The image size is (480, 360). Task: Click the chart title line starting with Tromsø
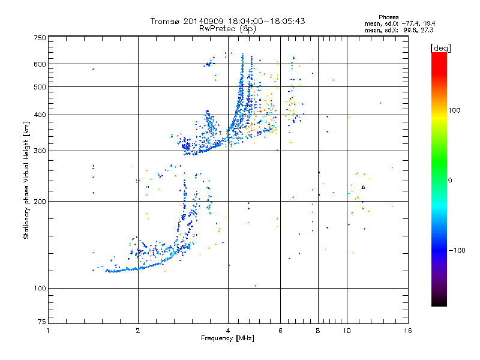pyautogui.click(x=228, y=21)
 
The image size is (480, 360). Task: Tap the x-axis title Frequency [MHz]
pyautogui.click(x=228, y=339)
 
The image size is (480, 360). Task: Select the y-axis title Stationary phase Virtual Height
pyautogui.click(x=26, y=180)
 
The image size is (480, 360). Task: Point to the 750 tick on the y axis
pyautogui.click(x=40, y=38)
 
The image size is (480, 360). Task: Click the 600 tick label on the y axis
pyautogui.click(x=40, y=64)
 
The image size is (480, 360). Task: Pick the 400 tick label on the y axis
pyautogui.click(x=40, y=115)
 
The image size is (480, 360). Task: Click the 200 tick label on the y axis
pyautogui.click(x=40, y=202)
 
